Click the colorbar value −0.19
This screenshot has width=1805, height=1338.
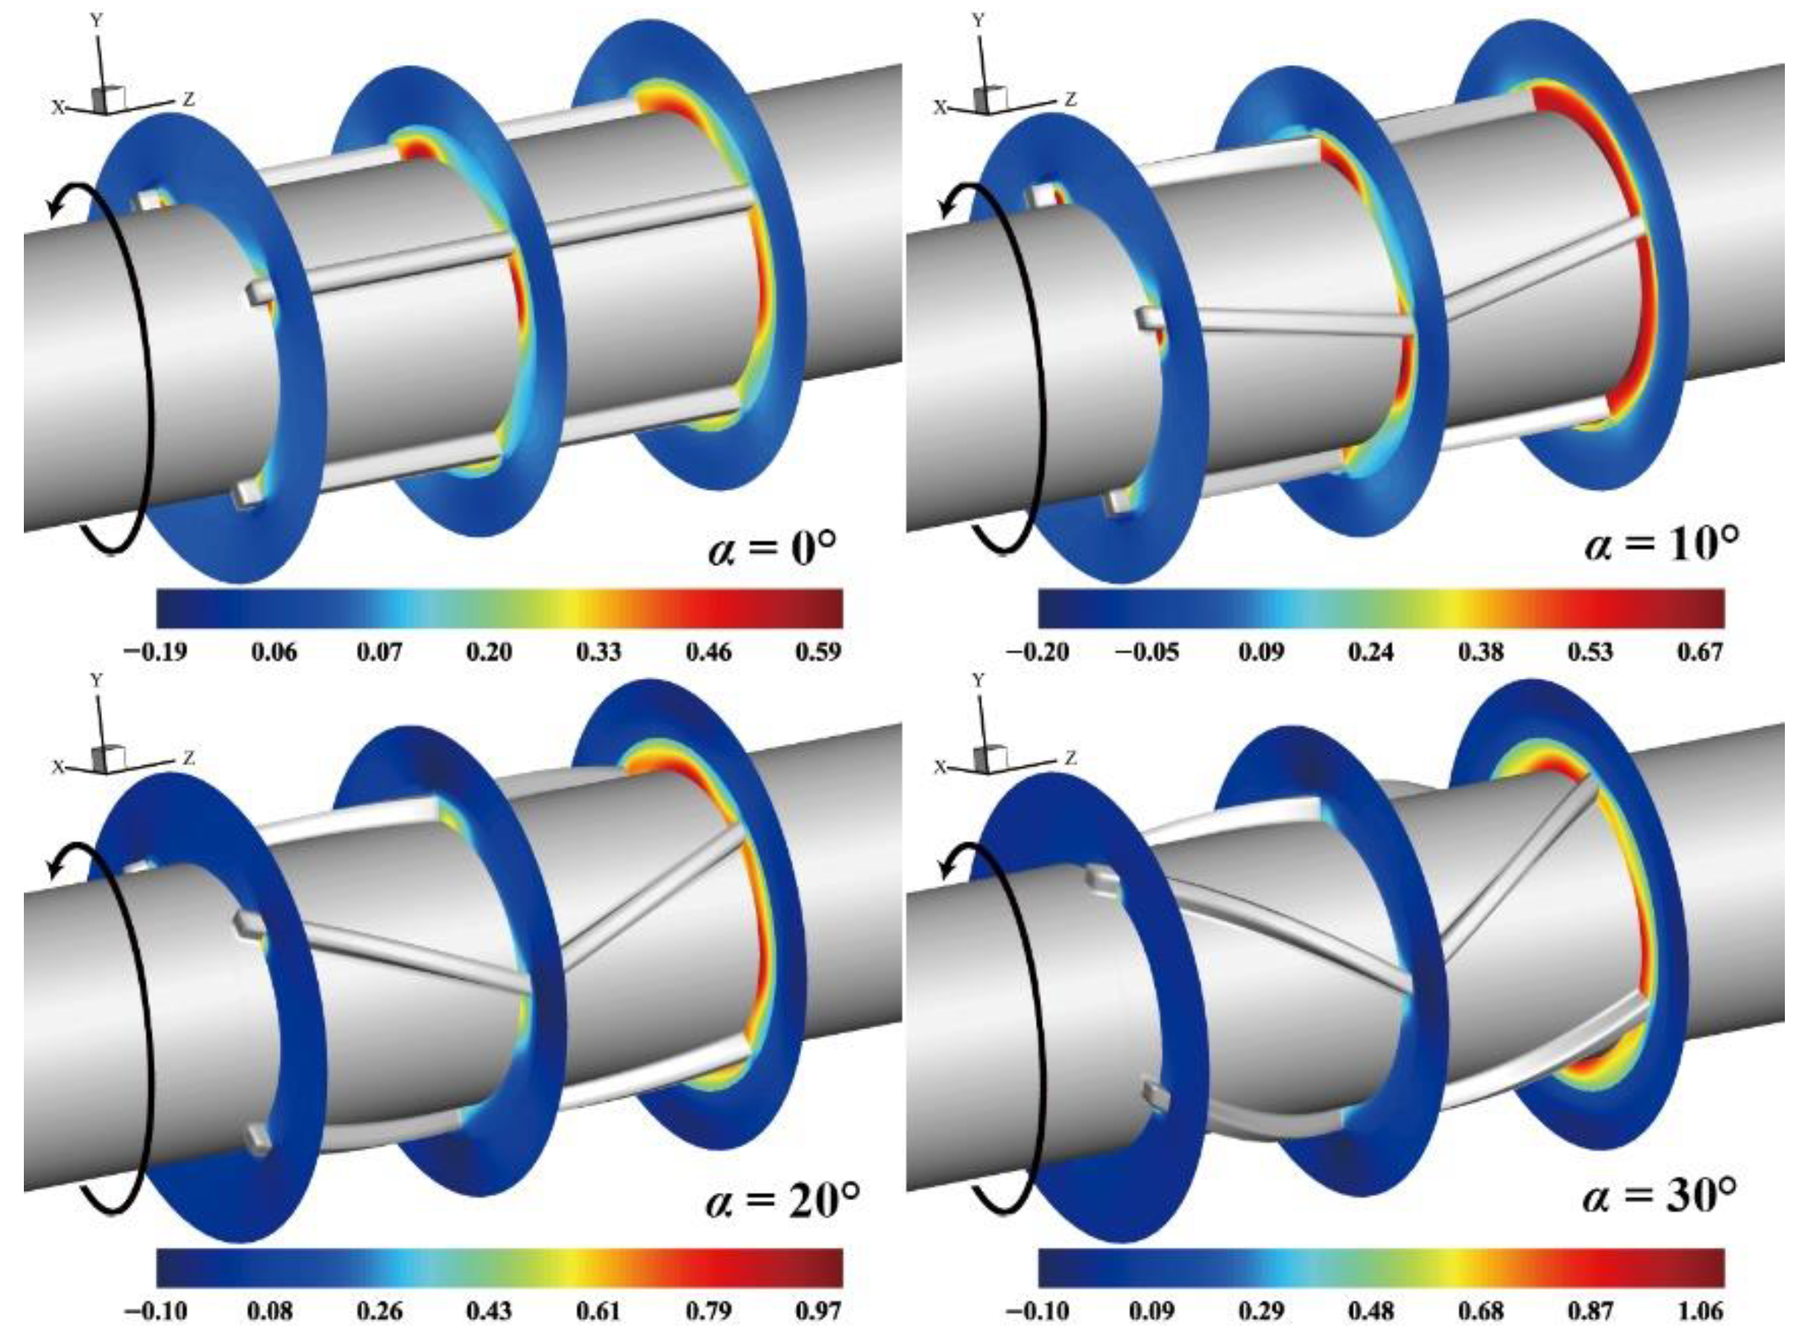(155, 651)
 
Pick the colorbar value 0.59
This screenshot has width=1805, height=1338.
(818, 651)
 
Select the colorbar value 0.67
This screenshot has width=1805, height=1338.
(1700, 651)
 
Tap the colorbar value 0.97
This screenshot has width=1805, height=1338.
(818, 1310)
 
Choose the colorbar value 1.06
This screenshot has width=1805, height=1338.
(1700, 1310)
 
